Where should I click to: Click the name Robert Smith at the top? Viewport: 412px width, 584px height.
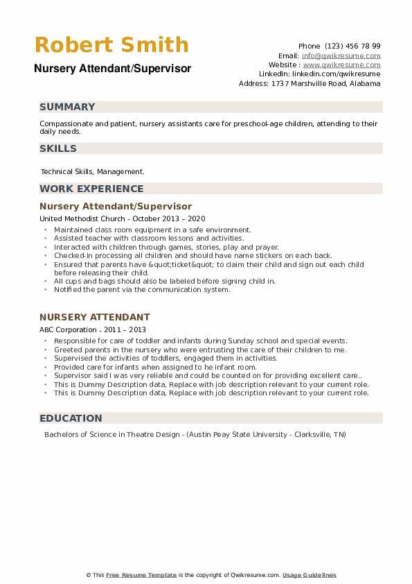[111, 45]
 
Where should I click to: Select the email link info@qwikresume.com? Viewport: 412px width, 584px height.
[341, 55]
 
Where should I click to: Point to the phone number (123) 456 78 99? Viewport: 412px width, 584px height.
[352, 46]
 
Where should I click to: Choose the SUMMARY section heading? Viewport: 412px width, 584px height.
[67, 107]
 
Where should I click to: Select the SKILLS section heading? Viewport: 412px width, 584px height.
[58, 148]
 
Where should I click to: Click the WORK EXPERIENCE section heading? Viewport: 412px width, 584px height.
[91, 189]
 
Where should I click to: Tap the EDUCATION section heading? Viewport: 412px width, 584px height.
[71, 418]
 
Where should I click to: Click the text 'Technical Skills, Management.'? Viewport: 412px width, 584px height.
[92, 171]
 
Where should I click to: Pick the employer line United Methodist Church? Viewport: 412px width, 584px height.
[79, 218]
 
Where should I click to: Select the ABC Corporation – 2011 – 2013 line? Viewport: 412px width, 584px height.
[93, 329]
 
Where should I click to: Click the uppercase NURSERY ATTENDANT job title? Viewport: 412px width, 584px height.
[95, 317]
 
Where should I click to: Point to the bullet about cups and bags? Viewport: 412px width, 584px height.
[164, 281]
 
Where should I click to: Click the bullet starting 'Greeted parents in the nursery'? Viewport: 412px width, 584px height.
[199, 350]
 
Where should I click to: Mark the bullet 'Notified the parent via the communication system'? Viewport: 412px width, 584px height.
[141, 289]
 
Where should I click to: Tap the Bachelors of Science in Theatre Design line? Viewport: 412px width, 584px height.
[195, 435]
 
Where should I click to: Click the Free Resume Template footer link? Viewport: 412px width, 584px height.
[142, 575]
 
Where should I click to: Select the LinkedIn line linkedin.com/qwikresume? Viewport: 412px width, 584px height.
[320, 74]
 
